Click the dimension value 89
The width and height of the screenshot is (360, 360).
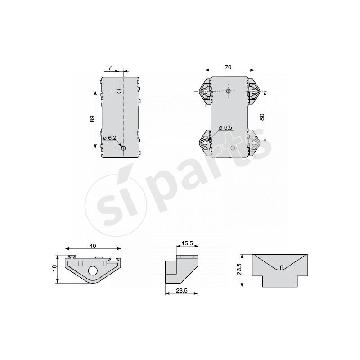(92, 119)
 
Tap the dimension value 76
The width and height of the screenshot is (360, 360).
(228, 67)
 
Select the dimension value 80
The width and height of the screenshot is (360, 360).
(262, 117)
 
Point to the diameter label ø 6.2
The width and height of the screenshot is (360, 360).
(110, 138)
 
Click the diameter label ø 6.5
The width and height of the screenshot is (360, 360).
(225, 128)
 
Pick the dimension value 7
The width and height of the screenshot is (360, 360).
(110, 68)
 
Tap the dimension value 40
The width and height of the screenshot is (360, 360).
(93, 246)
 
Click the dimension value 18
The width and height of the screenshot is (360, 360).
(54, 268)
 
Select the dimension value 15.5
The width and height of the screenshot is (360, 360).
(187, 243)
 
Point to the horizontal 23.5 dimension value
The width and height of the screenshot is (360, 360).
(182, 290)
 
